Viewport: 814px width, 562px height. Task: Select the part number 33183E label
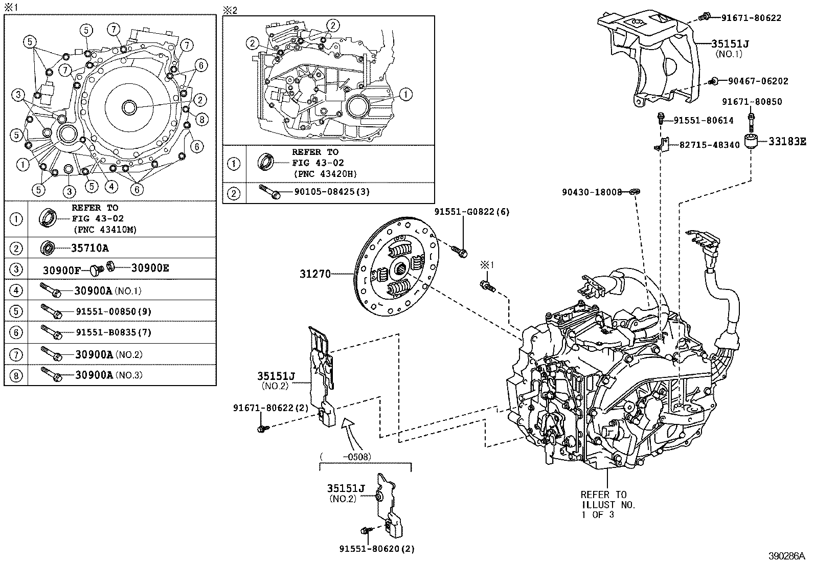[x=788, y=142]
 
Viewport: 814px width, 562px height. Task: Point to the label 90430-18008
[x=592, y=192]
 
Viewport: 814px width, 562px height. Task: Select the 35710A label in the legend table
[x=89, y=248]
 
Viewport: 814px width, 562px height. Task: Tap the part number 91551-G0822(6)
[x=472, y=211]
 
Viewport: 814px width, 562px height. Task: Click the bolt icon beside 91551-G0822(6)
[x=460, y=250]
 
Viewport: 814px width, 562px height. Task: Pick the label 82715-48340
[x=709, y=145]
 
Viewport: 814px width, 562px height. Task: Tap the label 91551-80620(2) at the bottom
[x=377, y=549]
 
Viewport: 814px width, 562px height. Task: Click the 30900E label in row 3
[x=150, y=267]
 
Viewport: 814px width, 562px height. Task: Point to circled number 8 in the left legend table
[x=16, y=376]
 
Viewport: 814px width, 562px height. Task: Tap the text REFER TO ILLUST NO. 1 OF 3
[x=607, y=504]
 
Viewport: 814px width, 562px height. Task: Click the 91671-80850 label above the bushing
[x=752, y=102]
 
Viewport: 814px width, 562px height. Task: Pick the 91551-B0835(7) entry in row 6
[x=114, y=332]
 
